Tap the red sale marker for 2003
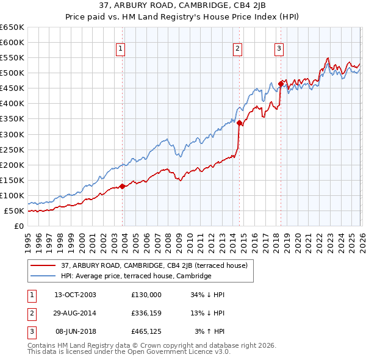[x=122, y=186]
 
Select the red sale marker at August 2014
[x=239, y=123]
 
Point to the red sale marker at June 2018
[x=281, y=84]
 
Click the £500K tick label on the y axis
[x=12, y=73]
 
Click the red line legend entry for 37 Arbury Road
[x=154, y=265]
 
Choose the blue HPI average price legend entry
[x=135, y=276]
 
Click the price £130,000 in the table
[x=146, y=295]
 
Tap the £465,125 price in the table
[x=146, y=331]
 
